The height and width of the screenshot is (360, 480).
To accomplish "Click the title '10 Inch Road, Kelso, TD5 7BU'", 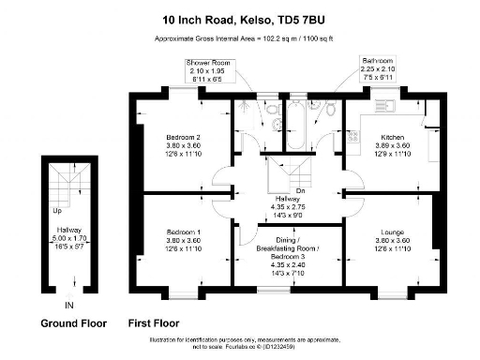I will (240, 18).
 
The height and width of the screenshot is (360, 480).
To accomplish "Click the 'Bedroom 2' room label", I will (183, 137).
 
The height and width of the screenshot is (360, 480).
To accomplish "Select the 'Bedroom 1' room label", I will (183, 232).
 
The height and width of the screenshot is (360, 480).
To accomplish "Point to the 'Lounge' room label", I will (393, 232).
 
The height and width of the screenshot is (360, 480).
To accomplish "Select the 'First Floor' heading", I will (153, 323).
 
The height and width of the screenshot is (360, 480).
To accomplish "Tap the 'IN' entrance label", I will (67, 306).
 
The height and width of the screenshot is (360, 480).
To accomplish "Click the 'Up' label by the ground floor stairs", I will (57, 210).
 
